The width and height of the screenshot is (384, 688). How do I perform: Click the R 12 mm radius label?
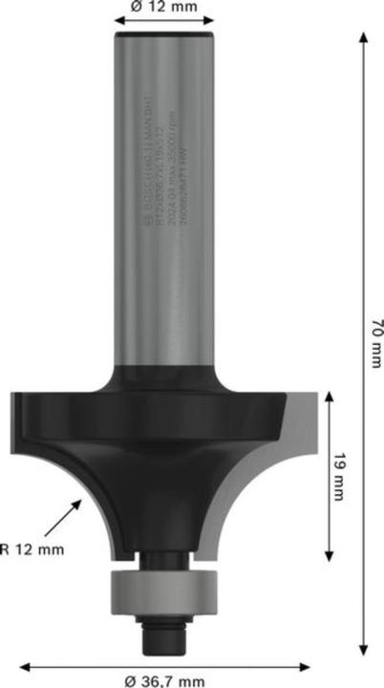click(32, 548)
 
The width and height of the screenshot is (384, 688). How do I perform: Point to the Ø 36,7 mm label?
click(164, 679)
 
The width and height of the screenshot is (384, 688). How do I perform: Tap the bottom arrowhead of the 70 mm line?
click(364, 653)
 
